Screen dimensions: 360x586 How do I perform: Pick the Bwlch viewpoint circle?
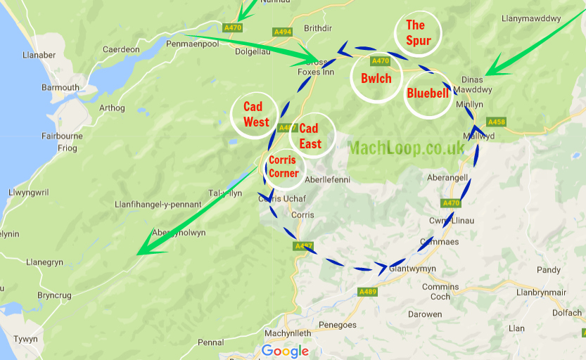pyautogui.click(x=376, y=77)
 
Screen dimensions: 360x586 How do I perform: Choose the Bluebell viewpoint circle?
pyautogui.click(x=428, y=94)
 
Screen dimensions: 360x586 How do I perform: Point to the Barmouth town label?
pyautogui.click(x=60, y=88)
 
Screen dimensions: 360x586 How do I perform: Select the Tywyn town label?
pyautogui.click(x=26, y=339)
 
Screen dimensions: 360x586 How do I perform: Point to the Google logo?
pyautogui.click(x=285, y=351)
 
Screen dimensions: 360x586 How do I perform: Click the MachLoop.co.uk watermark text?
pyautogui.click(x=407, y=148)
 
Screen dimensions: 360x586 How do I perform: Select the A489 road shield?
pyautogui.click(x=367, y=291)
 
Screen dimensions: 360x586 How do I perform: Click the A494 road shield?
pyautogui.click(x=282, y=32)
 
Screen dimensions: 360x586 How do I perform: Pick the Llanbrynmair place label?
pyautogui.click(x=542, y=291)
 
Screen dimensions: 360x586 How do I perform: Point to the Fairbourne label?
pyautogui.click(x=63, y=136)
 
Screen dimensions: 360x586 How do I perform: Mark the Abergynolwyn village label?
pyautogui.click(x=179, y=233)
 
